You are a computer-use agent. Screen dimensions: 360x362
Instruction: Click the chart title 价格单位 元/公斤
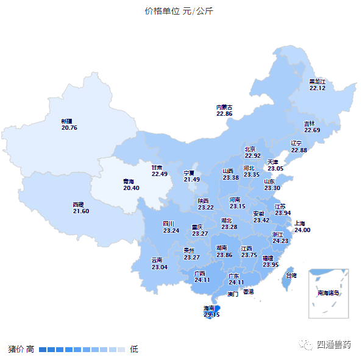179,12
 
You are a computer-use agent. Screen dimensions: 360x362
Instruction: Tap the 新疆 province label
66,121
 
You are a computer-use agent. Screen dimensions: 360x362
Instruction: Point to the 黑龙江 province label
318,81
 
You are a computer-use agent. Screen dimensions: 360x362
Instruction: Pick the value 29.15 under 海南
211,314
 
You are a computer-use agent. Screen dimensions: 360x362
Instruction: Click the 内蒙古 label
224,107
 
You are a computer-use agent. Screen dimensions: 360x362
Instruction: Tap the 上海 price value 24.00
302,230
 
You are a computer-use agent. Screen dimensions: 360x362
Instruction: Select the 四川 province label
169,224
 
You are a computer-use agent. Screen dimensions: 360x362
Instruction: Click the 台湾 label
291,275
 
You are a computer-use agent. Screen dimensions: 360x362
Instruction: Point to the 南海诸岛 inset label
328,293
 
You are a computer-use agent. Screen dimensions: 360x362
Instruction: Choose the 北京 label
250,149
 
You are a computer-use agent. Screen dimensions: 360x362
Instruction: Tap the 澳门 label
233,294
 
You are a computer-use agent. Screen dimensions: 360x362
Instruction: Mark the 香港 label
248,291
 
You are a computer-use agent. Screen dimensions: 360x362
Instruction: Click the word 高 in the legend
30,349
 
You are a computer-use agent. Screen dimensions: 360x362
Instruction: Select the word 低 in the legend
133,349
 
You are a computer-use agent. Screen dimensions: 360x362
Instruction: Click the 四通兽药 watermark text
334,344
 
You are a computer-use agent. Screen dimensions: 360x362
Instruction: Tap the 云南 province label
157,260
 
